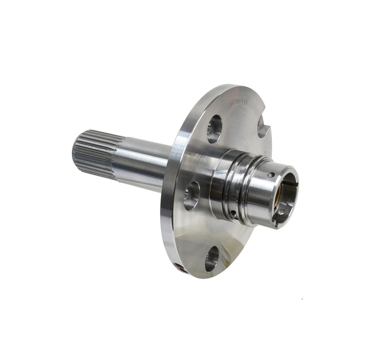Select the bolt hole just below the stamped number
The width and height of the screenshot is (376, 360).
pyautogui.click(x=214, y=129)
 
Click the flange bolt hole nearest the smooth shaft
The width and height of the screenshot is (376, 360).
pyautogui.click(x=191, y=195)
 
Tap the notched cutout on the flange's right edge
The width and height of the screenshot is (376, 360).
pyautogui.click(x=262, y=128)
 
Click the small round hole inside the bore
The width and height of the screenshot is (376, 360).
pyautogui.click(x=281, y=211)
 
